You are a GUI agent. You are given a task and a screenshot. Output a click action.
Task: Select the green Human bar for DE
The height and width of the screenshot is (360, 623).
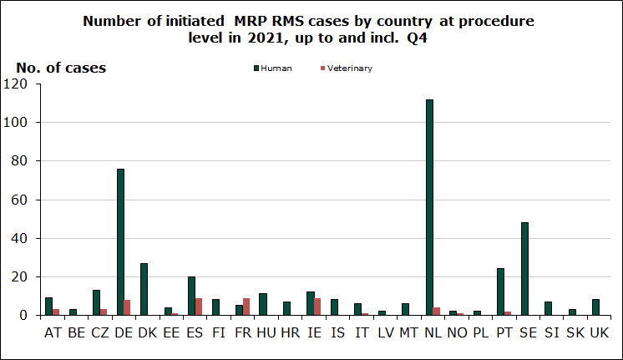[120, 242]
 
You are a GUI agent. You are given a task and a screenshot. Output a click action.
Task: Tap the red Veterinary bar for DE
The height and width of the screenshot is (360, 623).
[127, 307]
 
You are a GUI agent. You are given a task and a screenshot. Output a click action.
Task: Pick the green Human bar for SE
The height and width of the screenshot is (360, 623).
[524, 269]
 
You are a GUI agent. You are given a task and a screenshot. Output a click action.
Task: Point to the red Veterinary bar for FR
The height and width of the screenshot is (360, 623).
[246, 307]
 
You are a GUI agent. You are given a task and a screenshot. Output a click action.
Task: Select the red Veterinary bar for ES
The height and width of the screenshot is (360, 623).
[198, 307]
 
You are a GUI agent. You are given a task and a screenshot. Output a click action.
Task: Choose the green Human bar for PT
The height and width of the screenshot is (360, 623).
[501, 292]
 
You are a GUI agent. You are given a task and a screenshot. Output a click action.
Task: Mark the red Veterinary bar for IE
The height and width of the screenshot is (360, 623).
[317, 307]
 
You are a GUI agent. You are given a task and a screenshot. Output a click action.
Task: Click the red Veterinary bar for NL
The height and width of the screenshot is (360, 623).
[436, 312]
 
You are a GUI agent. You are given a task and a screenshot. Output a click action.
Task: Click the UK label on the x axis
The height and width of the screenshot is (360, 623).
[599, 333]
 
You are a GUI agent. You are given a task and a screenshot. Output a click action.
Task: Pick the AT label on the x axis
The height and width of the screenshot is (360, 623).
[52, 333]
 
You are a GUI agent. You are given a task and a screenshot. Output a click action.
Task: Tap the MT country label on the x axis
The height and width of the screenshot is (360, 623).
[408, 333]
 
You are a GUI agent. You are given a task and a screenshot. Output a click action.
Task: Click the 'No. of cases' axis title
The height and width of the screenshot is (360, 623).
[61, 68]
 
